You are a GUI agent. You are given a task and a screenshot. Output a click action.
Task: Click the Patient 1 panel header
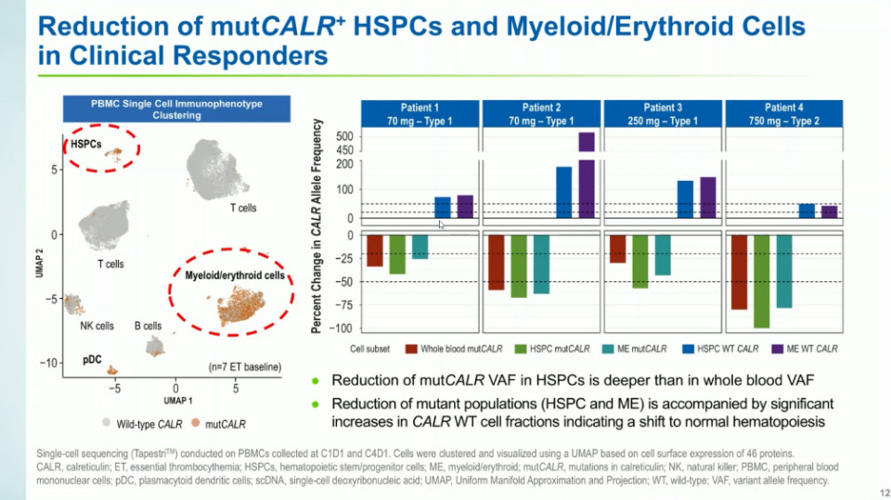click(421, 113)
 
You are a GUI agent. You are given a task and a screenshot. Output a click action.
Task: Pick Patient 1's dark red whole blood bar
click(375, 250)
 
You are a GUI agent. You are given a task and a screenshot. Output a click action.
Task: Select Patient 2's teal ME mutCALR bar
click(541, 264)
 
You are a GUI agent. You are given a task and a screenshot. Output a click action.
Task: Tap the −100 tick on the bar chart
click(342, 328)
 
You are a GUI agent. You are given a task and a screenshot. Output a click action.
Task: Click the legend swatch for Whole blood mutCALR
click(410, 349)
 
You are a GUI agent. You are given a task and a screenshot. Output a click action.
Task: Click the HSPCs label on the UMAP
click(86, 145)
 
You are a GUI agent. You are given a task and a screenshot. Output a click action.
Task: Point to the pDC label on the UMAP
click(92, 358)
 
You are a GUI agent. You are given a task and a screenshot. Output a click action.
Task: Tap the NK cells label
click(97, 326)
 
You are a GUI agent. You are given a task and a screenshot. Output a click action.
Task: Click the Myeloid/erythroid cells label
click(241, 276)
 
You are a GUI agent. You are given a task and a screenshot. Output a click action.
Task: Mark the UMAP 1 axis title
click(176, 401)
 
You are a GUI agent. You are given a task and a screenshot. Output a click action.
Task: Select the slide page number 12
click(877, 492)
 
